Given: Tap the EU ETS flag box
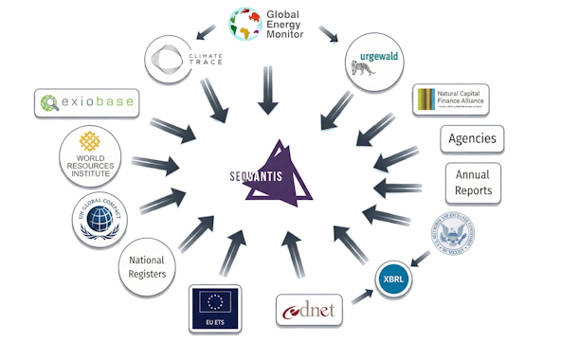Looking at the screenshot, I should click(215, 308).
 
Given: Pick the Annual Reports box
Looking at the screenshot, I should click(473, 183).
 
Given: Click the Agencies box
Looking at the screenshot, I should click(472, 139).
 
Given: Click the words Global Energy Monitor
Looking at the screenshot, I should click(294, 23).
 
